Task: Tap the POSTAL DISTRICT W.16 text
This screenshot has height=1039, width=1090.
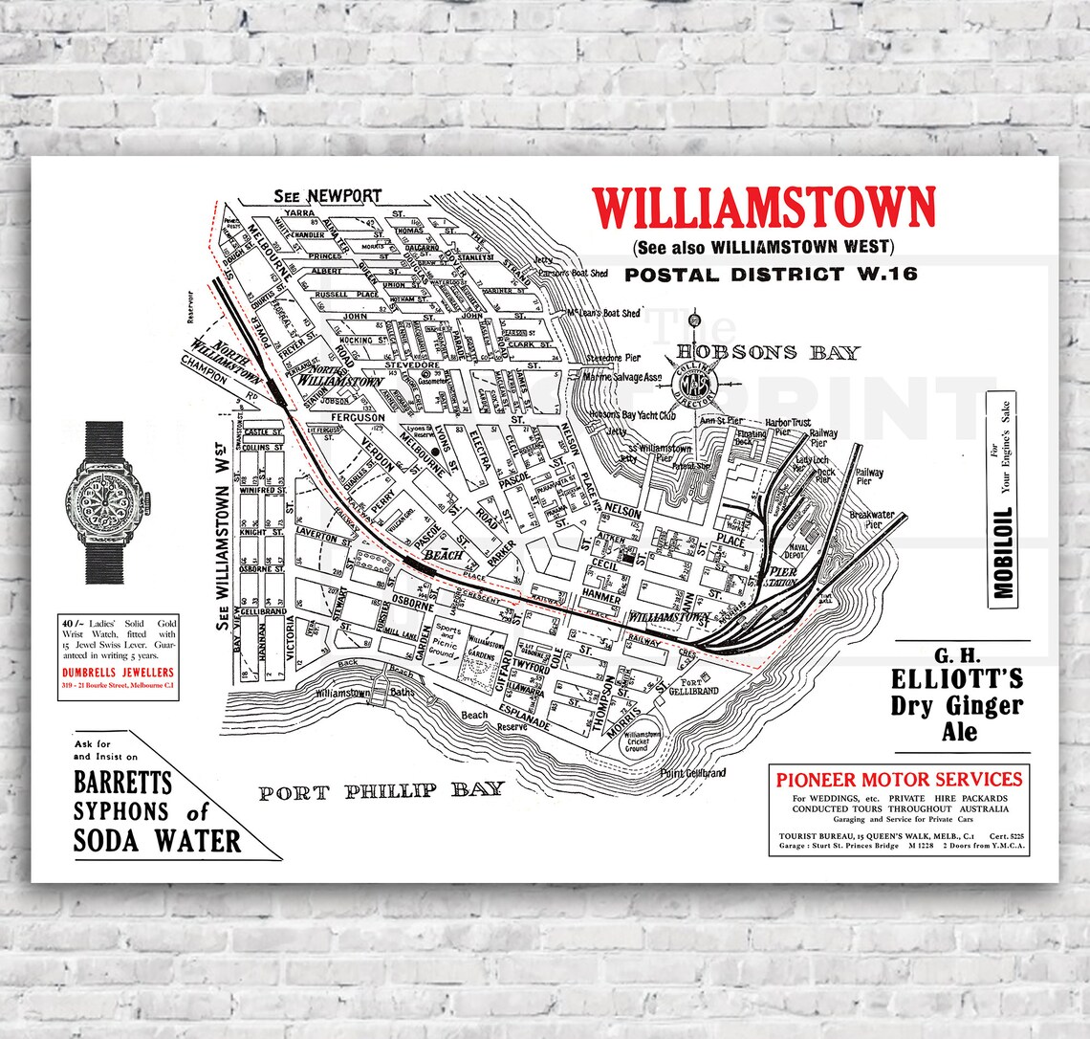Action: click(x=771, y=275)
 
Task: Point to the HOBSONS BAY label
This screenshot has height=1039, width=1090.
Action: click(x=768, y=352)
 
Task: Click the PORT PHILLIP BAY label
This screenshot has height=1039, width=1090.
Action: click(x=381, y=790)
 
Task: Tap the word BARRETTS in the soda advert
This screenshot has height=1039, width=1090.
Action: click(x=123, y=783)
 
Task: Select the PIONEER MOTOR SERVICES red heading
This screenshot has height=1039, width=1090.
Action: click(x=899, y=779)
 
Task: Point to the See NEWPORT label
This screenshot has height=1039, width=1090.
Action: click(x=327, y=196)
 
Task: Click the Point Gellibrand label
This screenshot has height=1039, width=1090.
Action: click(x=692, y=773)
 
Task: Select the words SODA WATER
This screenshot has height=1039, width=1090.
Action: click(x=158, y=841)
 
